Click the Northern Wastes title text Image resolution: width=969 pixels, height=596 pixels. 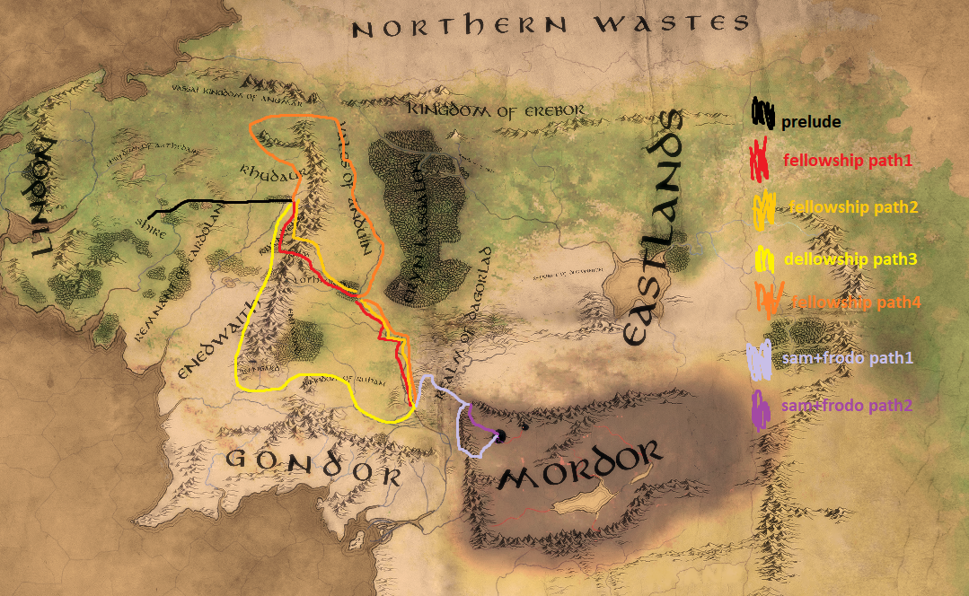(550, 28)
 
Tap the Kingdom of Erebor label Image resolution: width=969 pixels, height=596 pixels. (497, 110)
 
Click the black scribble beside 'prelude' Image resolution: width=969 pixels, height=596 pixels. (762, 114)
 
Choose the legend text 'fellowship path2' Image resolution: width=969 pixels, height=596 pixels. (854, 207)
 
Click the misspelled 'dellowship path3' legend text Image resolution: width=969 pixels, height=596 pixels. (850, 259)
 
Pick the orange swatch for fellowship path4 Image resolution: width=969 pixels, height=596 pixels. (771, 301)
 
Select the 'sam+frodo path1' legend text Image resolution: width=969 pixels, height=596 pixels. (847, 358)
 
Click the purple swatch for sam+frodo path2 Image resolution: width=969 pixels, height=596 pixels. (762, 409)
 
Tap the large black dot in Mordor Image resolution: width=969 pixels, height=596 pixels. (501, 436)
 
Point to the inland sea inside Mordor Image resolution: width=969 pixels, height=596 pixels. (580, 499)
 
